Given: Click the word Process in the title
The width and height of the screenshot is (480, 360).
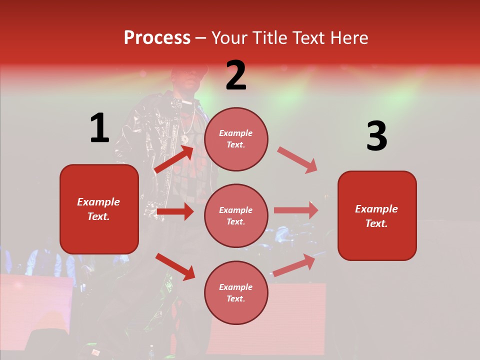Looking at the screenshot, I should [x=157, y=38].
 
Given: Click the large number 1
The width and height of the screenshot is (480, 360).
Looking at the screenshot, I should [x=99, y=128].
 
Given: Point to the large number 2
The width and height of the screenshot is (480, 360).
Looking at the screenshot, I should [x=236, y=75].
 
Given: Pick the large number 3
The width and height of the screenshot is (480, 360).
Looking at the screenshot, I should [x=376, y=136].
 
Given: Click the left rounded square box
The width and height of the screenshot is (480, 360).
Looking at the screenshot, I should [x=99, y=209].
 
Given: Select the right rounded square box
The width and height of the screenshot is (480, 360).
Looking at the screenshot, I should [x=377, y=215].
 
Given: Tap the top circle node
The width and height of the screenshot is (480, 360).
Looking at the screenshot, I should [x=236, y=139].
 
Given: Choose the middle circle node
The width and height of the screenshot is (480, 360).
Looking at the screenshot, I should [x=236, y=215].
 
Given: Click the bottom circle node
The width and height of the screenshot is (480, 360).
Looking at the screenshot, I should [x=236, y=292].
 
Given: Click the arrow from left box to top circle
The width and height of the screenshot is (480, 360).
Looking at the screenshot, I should [x=174, y=159].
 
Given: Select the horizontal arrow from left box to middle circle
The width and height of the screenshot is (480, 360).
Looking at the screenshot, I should [x=175, y=212].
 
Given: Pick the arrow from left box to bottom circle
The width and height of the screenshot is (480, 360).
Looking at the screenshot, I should [x=175, y=266].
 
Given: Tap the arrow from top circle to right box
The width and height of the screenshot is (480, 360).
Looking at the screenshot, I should [x=297, y=160].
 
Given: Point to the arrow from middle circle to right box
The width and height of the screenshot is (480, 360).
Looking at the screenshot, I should [x=296, y=210].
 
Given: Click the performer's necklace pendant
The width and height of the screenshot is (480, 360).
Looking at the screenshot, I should [x=185, y=138].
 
